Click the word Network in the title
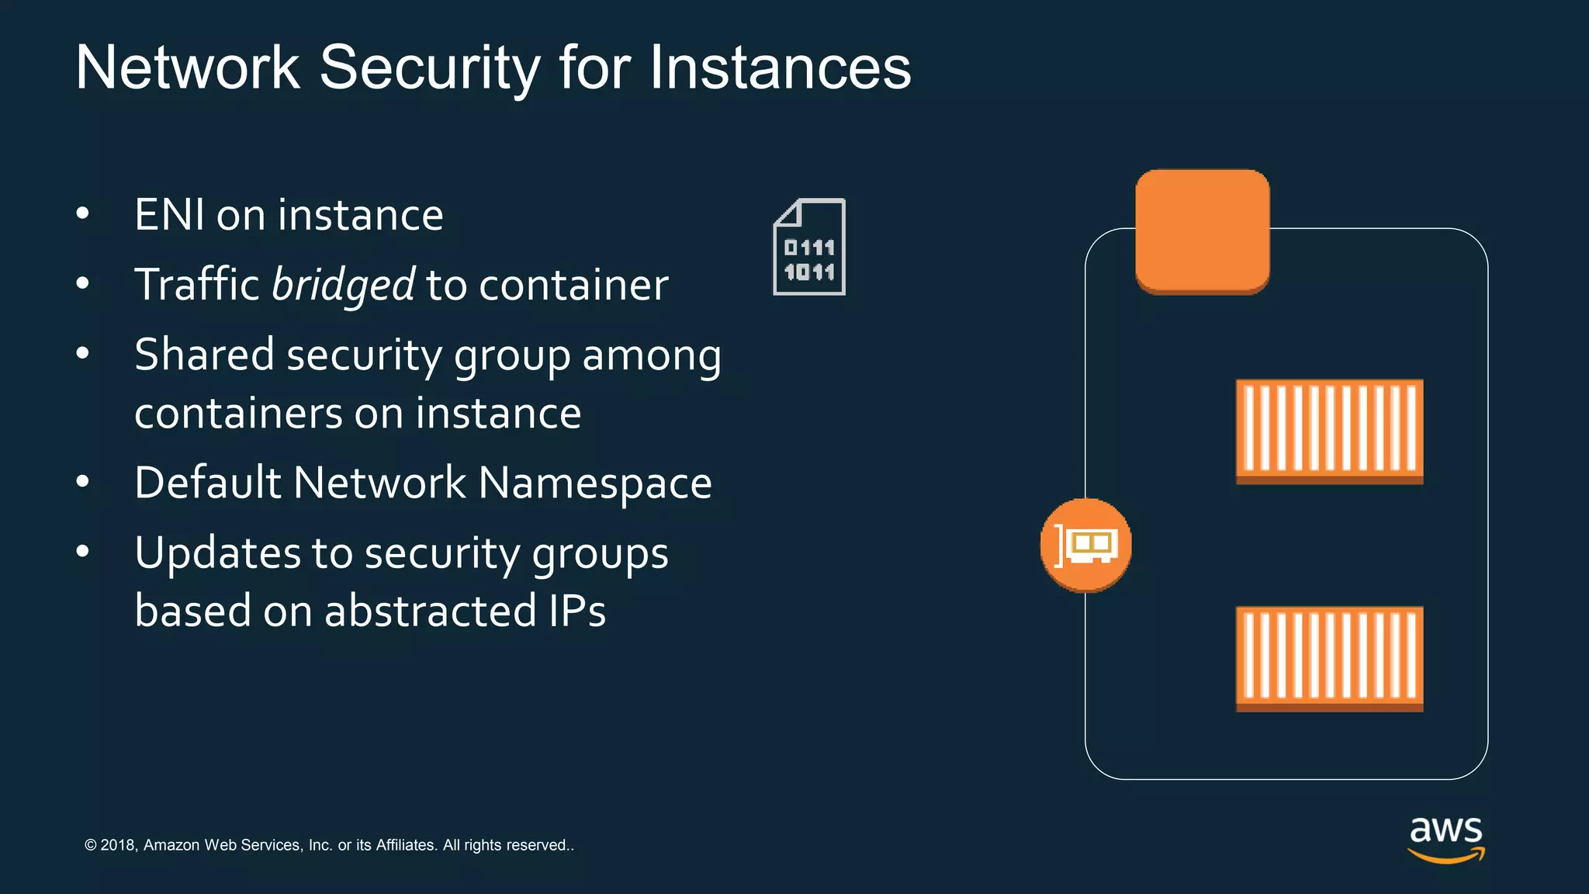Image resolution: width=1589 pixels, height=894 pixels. (x=188, y=68)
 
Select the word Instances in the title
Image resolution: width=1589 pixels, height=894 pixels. (x=780, y=68)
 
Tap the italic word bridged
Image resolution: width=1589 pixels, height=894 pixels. (x=344, y=285)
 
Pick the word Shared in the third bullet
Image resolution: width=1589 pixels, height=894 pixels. (x=204, y=355)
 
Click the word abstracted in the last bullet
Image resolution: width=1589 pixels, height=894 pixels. (x=431, y=611)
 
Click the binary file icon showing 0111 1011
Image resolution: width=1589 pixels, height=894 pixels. (x=809, y=248)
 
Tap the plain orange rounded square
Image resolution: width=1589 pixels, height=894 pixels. (x=1202, y=231)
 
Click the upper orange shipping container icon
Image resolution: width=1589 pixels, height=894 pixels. (x=1329, y=431)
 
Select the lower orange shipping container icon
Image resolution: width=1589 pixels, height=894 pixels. (x=1329, y=658)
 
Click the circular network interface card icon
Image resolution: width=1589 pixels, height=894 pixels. (x=1085, y=545)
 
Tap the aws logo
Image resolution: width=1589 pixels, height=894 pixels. (x=1445, y=838)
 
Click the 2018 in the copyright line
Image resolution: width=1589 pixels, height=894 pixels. (x=118, y=845)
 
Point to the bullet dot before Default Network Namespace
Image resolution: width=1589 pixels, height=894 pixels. (x=83, y=482)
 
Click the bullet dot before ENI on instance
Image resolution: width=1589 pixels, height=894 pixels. (x=83, y=213)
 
